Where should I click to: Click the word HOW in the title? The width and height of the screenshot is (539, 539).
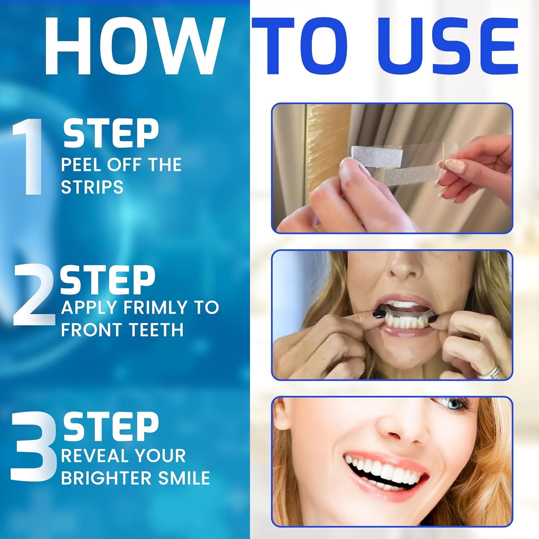132,43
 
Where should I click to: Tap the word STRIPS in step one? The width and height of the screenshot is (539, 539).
92,187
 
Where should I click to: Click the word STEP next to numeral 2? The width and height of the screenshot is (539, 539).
107,281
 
